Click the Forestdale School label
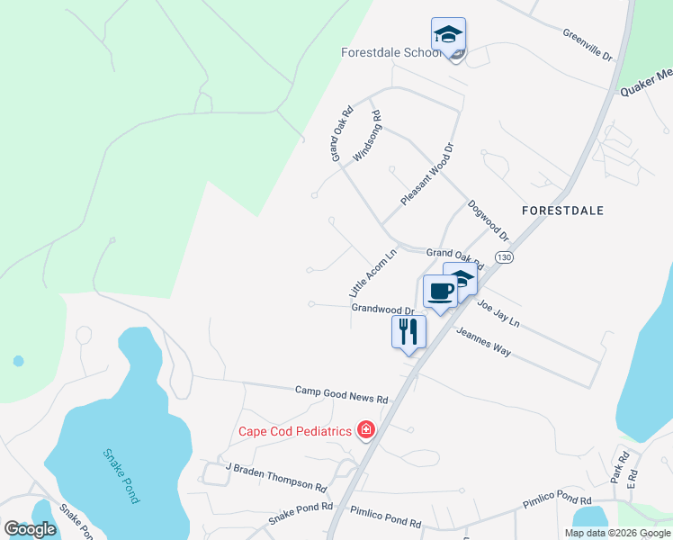[390, 52]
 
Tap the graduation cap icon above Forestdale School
[448, 35]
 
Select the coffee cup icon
[439, 292]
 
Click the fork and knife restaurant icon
[408, 331]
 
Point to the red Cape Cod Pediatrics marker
[365, 430]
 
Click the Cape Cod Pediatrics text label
[294, 431]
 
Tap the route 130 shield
[505, 257]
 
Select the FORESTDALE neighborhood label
[562, 210]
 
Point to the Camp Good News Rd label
[342, 395]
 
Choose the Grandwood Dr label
[381, 308]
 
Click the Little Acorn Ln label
[372, 274]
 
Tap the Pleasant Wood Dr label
[426, 175]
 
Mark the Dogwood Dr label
[489, 220]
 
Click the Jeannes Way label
[483, 343]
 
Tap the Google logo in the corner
[30, 529]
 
